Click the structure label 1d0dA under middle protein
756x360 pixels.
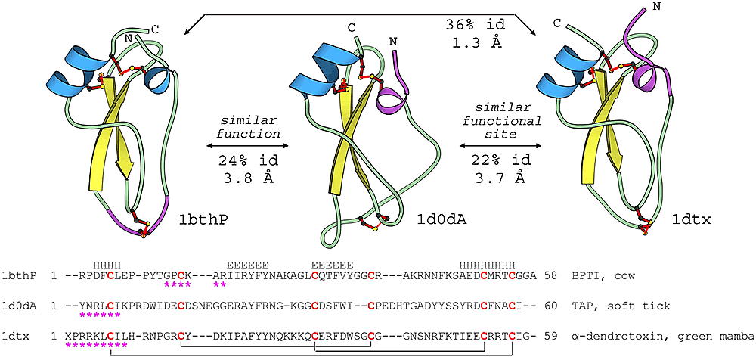coord(441,220)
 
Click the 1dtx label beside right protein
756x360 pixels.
coord(689,221)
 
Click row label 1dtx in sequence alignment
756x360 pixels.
coord(14,335)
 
